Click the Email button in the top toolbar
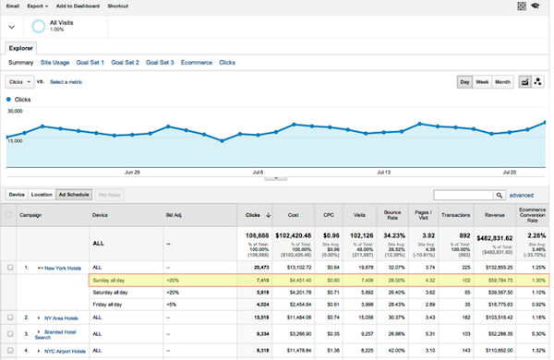[x=12, y=6]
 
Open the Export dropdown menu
[x=38, y=6]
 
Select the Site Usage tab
[x=54, y=62]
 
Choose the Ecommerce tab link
[x=196, y=62]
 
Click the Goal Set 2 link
[x=125, y=62]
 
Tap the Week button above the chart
[x=483, y=82]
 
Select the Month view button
[x=502, y=82]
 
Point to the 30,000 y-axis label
[x=15, y=111]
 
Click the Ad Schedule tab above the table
[x=72, y=195]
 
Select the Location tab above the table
[x=42, y=195]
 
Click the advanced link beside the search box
[x=521, y=196]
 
